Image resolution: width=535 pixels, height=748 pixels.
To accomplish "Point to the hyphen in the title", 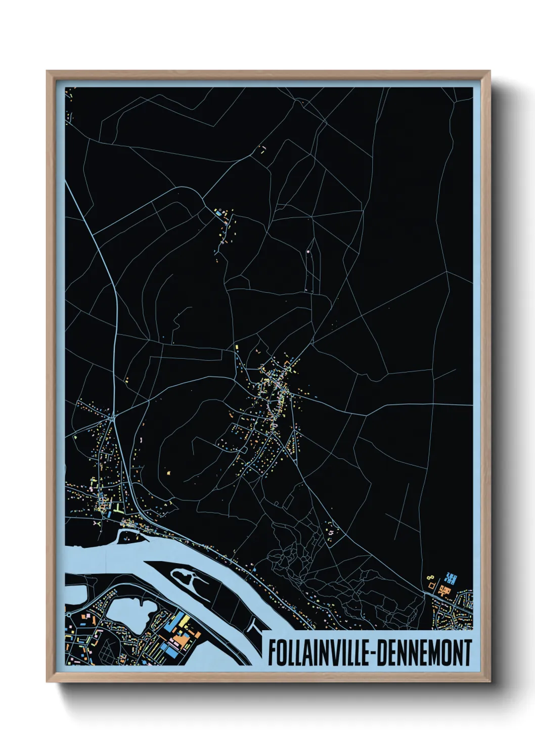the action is click(373, 653).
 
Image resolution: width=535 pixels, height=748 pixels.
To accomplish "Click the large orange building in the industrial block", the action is click(181, 640).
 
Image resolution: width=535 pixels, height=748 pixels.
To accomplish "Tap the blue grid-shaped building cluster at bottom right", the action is click(450, 578).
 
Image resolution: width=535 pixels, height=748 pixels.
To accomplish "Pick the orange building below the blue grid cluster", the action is click(445, 590).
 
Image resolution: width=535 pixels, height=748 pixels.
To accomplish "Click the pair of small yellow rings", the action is click(430, 577).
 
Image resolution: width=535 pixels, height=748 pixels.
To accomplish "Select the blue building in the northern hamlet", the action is click(218, 214).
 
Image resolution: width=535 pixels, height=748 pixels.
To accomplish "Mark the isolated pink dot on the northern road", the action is click(308, 251).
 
